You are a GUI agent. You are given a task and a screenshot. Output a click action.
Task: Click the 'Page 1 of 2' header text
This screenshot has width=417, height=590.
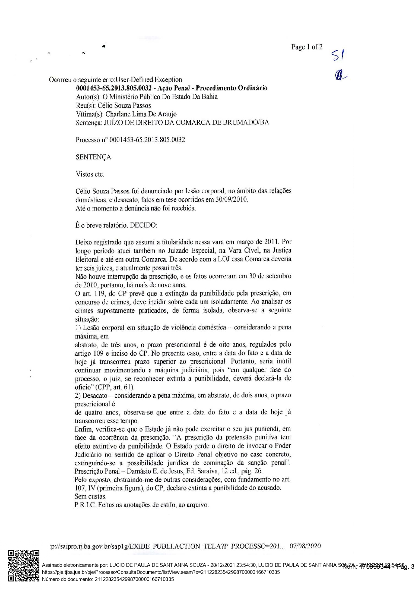pos(307,47)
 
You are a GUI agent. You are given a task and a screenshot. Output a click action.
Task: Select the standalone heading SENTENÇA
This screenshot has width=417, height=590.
pos(93,157)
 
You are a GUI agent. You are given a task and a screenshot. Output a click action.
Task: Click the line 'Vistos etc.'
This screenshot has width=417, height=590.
pos(90,174)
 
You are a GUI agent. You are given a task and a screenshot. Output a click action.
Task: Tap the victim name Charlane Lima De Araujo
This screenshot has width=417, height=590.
pos(141,114)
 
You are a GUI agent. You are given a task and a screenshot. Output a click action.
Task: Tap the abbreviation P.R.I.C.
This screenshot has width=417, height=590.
pos(85,505)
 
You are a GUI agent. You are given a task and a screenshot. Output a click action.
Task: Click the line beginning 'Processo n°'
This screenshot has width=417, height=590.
pos(130,140)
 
